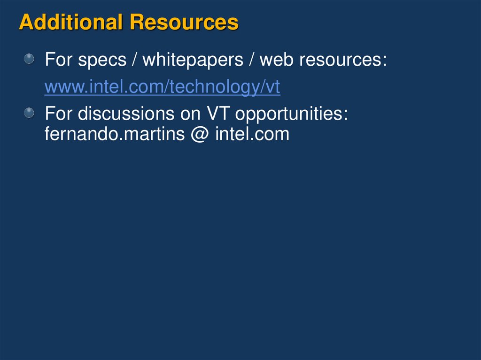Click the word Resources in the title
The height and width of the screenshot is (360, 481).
pyautogui.click(x=184, y=23)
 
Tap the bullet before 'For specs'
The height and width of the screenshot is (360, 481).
pyautogui.click(x=29, y=59)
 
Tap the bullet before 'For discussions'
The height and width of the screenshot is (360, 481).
pyautogui.click(x=29, y=113)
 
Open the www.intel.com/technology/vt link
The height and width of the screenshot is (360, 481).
pyautogui.click(x=162, y=87)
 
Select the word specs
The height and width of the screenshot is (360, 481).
pyautogui.click(x=102, y=61)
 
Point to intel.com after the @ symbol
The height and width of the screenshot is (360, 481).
pyautogui.click(x=252, y=135)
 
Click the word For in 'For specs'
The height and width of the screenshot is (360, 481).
pyautogui.click(x=59, y=61)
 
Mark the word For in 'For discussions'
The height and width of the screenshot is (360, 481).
pyautogui.click(x=59, y=114)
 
